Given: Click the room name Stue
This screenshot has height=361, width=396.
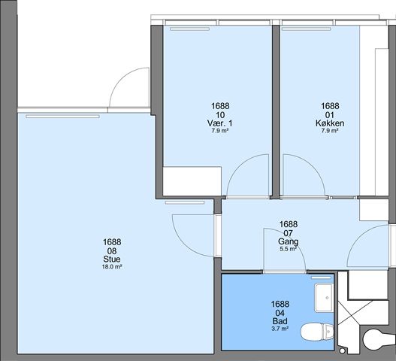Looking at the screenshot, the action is (112, 259).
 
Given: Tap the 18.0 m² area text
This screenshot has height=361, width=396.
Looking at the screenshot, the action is (112, 266).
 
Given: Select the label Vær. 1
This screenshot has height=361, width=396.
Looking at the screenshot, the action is (220, 123).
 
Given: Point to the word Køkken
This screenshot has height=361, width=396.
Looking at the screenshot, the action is (330, 123).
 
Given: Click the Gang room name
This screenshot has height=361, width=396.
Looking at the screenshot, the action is (288, 241).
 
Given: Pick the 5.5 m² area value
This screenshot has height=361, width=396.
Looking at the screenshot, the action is (288, 249).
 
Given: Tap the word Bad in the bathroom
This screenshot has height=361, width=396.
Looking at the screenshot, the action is (280, 321).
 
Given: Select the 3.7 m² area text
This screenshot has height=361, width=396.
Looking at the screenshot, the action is (280, 329).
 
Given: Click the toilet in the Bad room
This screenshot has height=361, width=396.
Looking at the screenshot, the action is (317, 332).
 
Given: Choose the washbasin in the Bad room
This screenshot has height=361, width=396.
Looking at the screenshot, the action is (324, 298).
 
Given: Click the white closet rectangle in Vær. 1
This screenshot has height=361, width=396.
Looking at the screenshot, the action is (192, 181).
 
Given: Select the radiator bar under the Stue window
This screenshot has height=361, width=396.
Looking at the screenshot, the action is (62, 117).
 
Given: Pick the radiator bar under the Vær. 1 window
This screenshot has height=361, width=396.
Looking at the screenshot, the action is (189, 29).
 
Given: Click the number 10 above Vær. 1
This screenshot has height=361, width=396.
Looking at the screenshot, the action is (220, 115).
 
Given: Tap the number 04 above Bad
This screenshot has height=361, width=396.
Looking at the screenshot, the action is (280, 313).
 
